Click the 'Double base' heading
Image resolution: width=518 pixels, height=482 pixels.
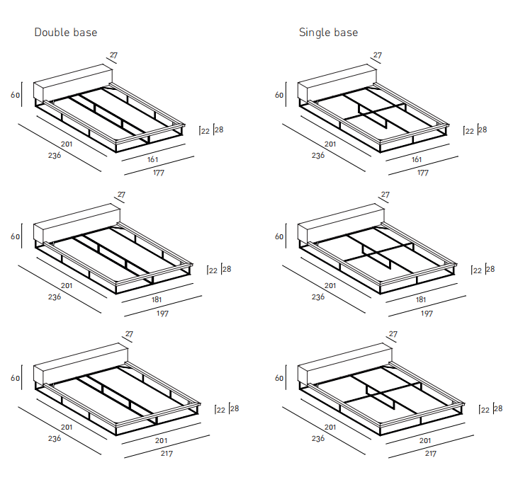click(66, 33)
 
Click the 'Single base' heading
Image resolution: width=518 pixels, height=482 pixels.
click(328, 33)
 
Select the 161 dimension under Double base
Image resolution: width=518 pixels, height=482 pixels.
click(152, 160)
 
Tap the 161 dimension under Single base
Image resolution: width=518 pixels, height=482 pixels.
click(417, 160)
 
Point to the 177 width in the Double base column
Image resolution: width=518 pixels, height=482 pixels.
click(158, 173)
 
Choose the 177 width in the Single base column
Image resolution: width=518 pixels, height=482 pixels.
click(422, 173)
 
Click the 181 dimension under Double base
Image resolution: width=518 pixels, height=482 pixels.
click(156, 299)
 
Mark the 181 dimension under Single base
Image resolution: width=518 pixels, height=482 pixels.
click(420, 299)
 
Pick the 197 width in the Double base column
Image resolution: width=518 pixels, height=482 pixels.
click(162, 313)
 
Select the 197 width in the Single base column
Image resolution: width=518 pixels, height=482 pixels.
click(427, 313)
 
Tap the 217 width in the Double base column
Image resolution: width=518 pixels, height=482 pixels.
click(166, 454)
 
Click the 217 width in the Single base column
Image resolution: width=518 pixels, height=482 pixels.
click(430, 454)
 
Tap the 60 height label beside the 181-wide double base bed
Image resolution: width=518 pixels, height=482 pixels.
click(15, 237)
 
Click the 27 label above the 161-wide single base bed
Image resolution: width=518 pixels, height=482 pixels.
click(377, 55)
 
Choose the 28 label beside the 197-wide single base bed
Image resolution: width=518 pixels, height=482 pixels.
click(490, 269)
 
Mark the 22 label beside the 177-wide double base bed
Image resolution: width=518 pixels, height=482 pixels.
click(205, 131)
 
